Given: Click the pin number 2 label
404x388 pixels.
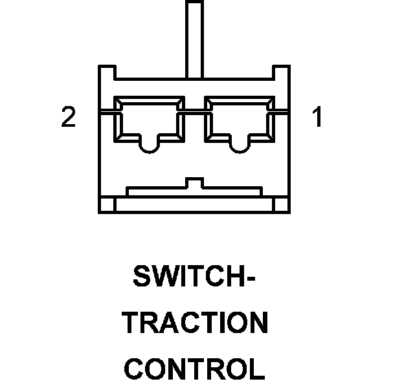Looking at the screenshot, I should click(68, 118).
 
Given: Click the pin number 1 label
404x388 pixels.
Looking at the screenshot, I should click(317, 118).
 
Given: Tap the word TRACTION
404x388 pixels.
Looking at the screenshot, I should click(194, 323).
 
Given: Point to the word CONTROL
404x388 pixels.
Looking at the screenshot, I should click(194, 369).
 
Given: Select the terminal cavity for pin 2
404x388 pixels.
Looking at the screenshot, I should click(148, 120).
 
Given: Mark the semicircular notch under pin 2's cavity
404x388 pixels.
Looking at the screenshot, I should click(149, 147).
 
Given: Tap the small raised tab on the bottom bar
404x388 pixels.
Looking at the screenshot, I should click(194, 183).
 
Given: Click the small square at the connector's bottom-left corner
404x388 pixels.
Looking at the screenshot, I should click(107, 205).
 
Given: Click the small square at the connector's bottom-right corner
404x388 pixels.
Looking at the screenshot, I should click(282, 205).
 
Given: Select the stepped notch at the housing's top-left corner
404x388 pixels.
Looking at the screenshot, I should click(107, 72).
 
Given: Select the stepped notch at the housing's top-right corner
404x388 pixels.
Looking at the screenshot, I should click(281, 72).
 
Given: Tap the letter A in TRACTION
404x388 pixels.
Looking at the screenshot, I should click(169, 323).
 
